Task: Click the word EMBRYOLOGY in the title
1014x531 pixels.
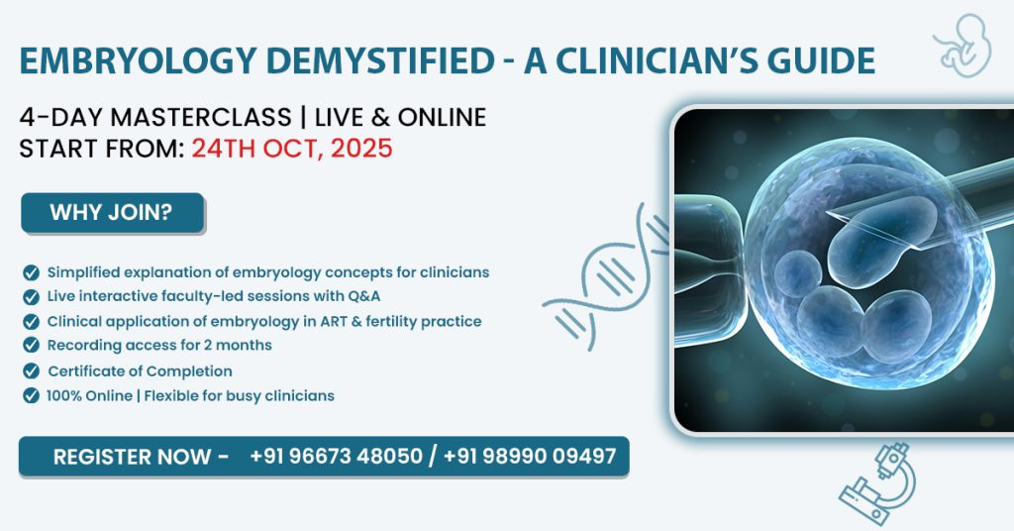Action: [138, 60]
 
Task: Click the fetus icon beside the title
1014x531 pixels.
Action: [963, 46]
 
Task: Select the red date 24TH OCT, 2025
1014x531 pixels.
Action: [292, 149]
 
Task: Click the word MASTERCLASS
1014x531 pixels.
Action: [201, 118]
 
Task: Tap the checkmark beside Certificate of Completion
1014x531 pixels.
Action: [31, 372]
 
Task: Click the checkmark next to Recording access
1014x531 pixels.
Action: [31, 345]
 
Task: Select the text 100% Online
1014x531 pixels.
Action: [89, 396]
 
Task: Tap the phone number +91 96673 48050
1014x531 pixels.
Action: [337, 457]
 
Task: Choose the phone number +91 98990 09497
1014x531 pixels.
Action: [530, 457]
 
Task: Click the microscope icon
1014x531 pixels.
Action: [878, 483]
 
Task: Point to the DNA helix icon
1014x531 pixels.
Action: [605, 278]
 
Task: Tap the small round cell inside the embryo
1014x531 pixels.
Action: [798, 273]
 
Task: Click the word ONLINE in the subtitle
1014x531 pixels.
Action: [442, 118]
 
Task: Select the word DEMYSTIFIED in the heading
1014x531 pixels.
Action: [380, 60]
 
